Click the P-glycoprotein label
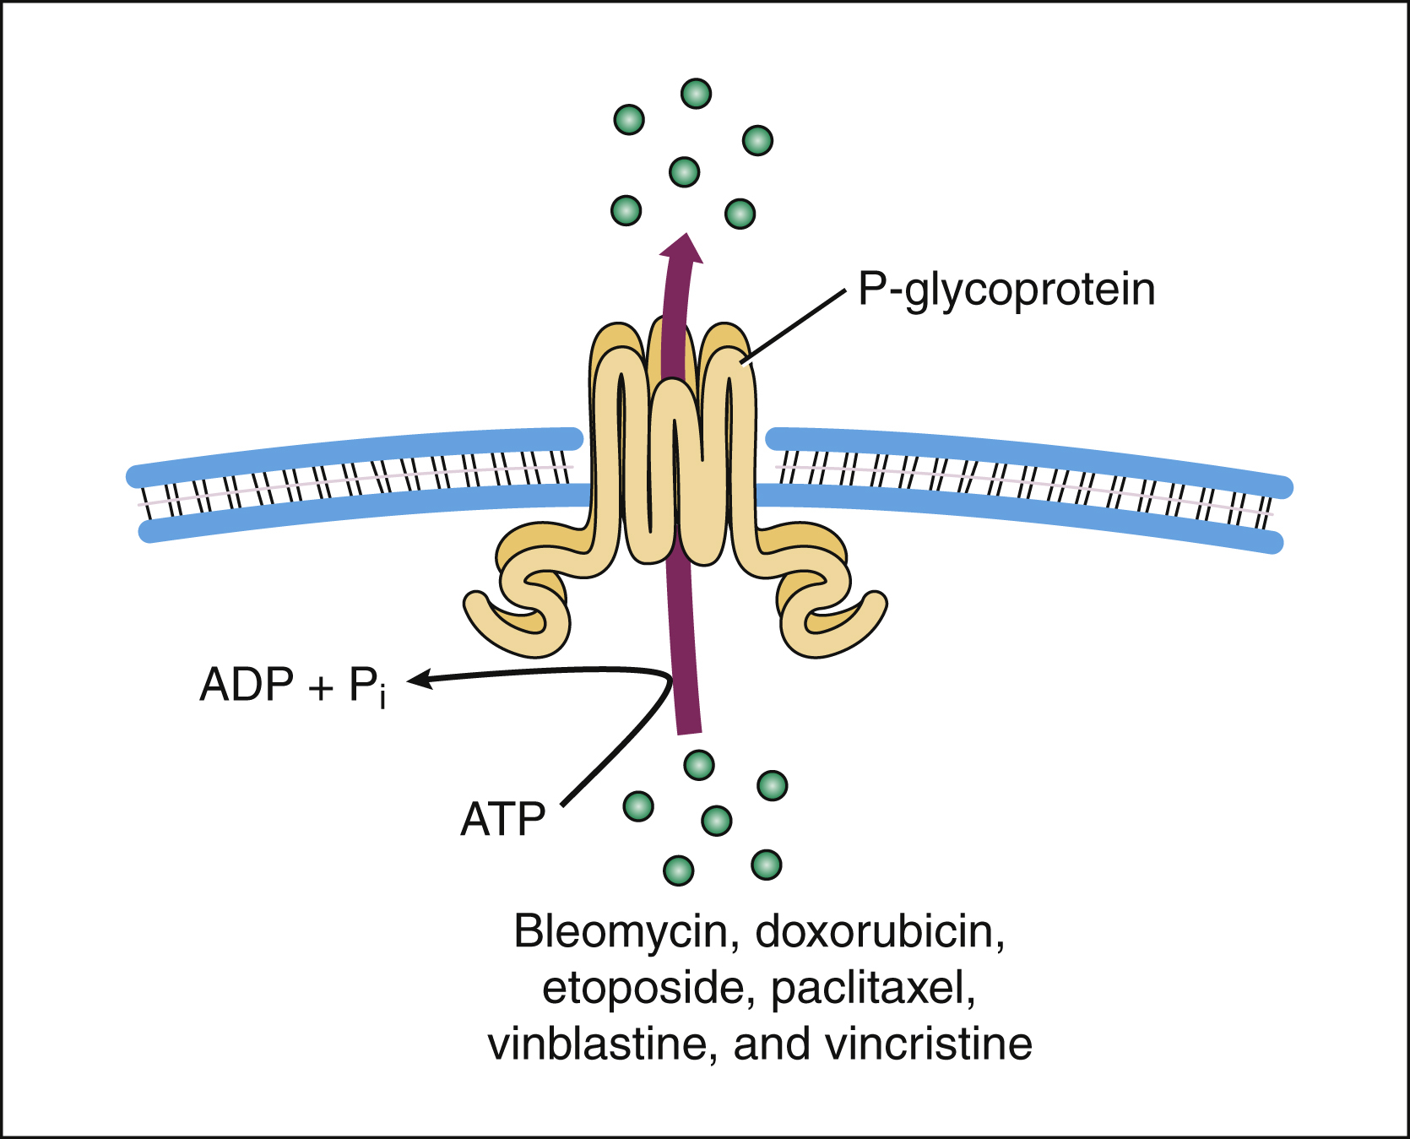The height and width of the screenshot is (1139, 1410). (x=1006, y=290)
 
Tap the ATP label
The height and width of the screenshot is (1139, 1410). (x=503, y=819)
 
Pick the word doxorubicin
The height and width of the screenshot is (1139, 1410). (x=879, y=931)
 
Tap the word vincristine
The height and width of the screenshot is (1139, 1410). (x=928, y=1044)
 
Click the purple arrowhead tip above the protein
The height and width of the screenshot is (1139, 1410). (x=682, y=240)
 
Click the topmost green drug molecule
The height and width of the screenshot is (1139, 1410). (x=696, y=94)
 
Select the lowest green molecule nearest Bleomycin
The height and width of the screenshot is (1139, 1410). (x=679, y=870)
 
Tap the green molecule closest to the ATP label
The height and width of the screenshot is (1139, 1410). (x=638, y=806)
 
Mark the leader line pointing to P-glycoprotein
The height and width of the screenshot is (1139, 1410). (x=794, y=328)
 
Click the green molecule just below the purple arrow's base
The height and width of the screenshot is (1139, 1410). (x=699, y=765)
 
